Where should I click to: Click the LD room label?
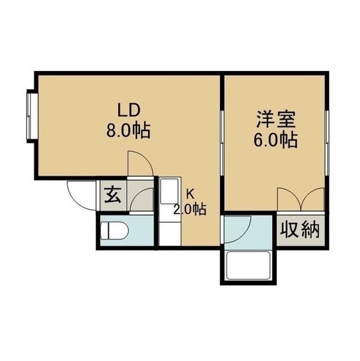(x=128, y=109)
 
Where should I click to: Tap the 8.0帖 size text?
(x=128, y=131)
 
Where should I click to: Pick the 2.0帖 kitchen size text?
(x=189, y=210)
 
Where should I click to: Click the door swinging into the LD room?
(x=140, y=164)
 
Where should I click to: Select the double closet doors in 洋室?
(x=300, y=199)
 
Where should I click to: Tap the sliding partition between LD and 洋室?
(x=222, y=141)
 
